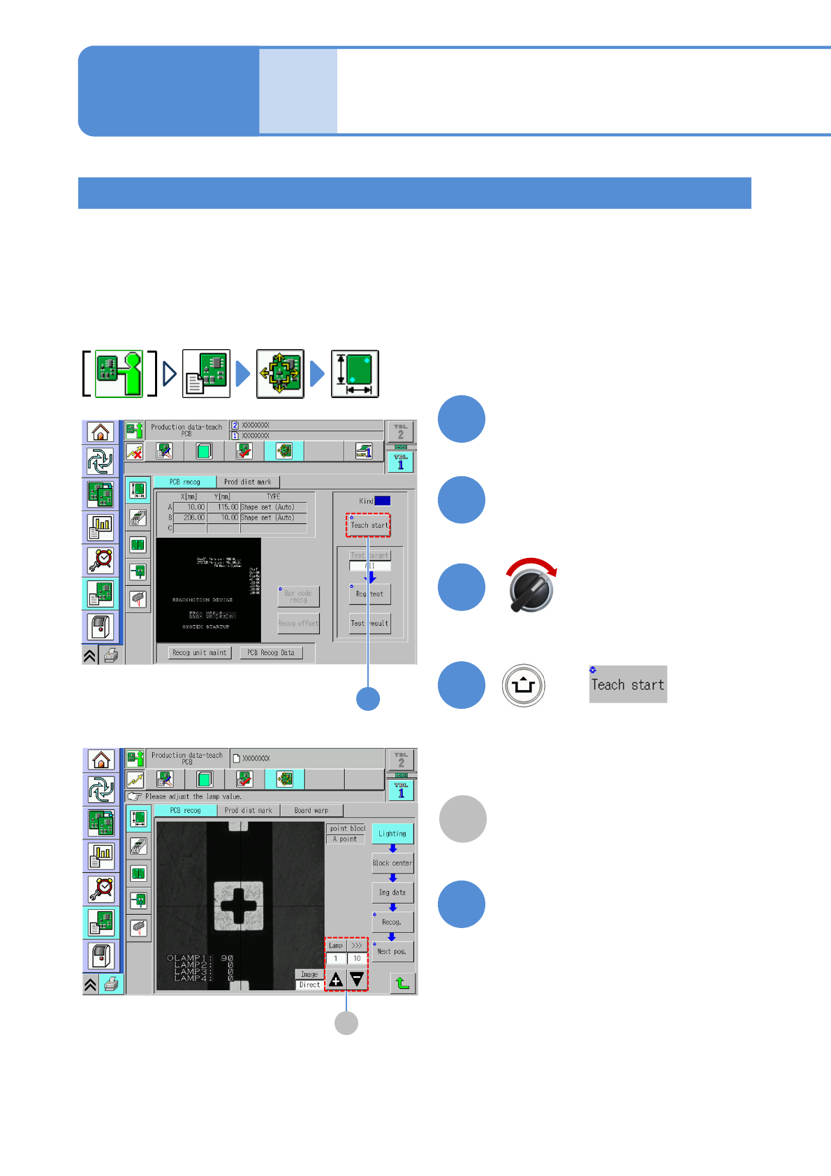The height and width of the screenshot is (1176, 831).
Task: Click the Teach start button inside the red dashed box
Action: pyautogui.click(x=369, y=524)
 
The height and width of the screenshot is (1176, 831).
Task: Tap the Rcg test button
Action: pyautogui.click(x=370, y=594)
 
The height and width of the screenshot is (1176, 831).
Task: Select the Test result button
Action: pyautogui.click(x=370, y=623)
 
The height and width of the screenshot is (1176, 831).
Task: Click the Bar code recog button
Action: pyautogui.click(x=299, y=596)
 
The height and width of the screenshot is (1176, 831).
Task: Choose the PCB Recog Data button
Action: pyautogui.click(x=271, y=653)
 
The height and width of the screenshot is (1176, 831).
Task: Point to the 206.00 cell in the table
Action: pyautogui.click(x=191, y=517)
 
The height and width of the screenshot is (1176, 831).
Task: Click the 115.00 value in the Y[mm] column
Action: pyautogui.click(x=224, y=507)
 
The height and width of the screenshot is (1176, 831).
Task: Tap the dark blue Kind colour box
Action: pyautogui.click(x=383, y=501)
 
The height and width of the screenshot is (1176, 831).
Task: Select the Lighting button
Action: pyautogui.click(x=392, y=833)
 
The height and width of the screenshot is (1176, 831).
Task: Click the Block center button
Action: pyautogui.click(x=392, y=863)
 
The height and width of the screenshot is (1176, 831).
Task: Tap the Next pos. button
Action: pyautogui.click(x=392, y=951)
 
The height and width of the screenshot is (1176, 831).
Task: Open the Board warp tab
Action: pyautogui.click(x=311, y=810)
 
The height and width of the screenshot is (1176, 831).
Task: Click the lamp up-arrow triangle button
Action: pyautogui.click(x=336, y=980)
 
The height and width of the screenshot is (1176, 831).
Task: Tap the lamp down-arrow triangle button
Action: pyautogui.click(x=357, y=980)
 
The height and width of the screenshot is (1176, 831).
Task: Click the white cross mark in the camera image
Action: pyautogui.click(x=239, y=906)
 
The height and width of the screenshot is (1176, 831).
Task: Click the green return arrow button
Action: pyautogui.click(x=403, y=983)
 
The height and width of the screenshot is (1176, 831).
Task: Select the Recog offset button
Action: pyautogui.click(x=299, y=623)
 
